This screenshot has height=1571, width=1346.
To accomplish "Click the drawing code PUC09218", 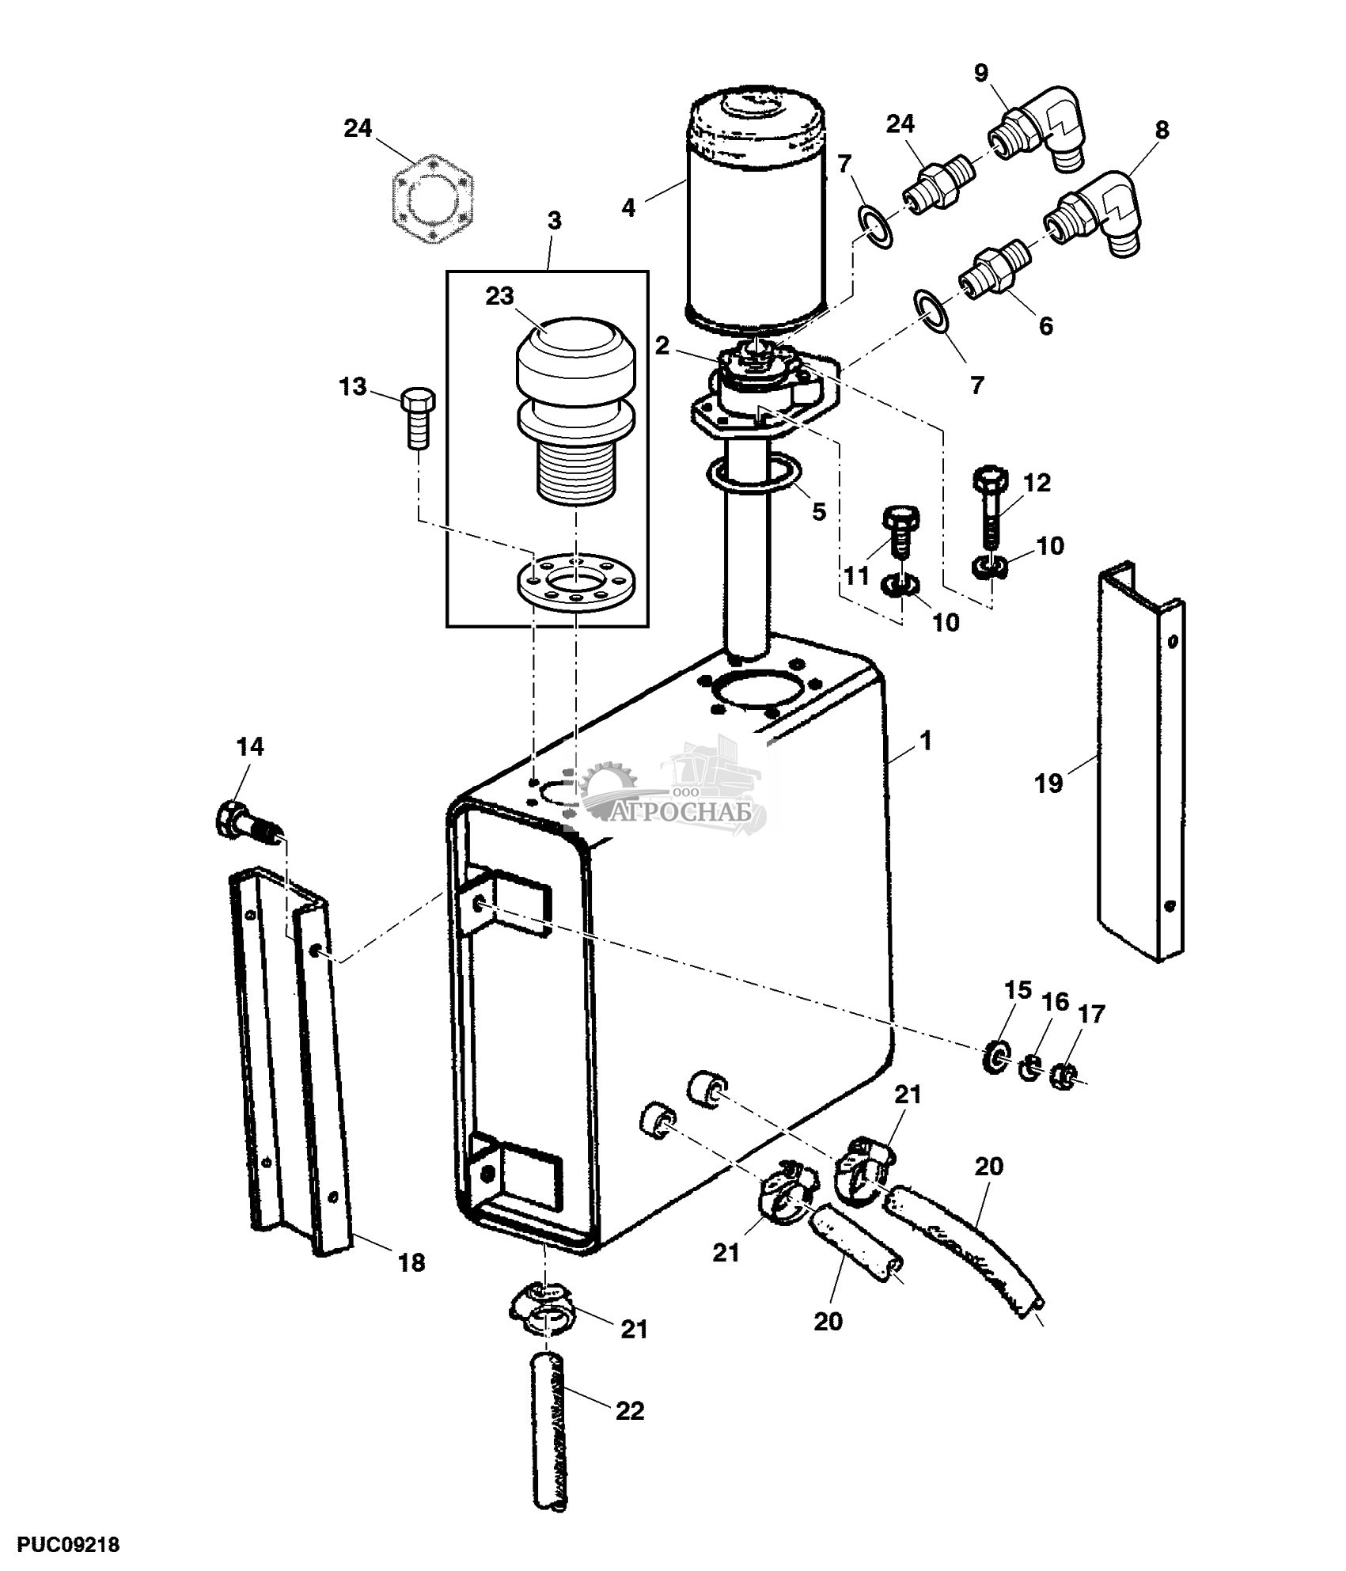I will point(60,1544).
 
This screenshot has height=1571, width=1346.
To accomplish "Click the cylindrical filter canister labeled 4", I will point(758,214).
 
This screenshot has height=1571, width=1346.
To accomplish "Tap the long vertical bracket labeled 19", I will point(1140,761).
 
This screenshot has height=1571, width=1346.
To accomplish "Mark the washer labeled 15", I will point(996,1058).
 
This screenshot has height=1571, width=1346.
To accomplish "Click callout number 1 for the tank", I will point(925,742).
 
